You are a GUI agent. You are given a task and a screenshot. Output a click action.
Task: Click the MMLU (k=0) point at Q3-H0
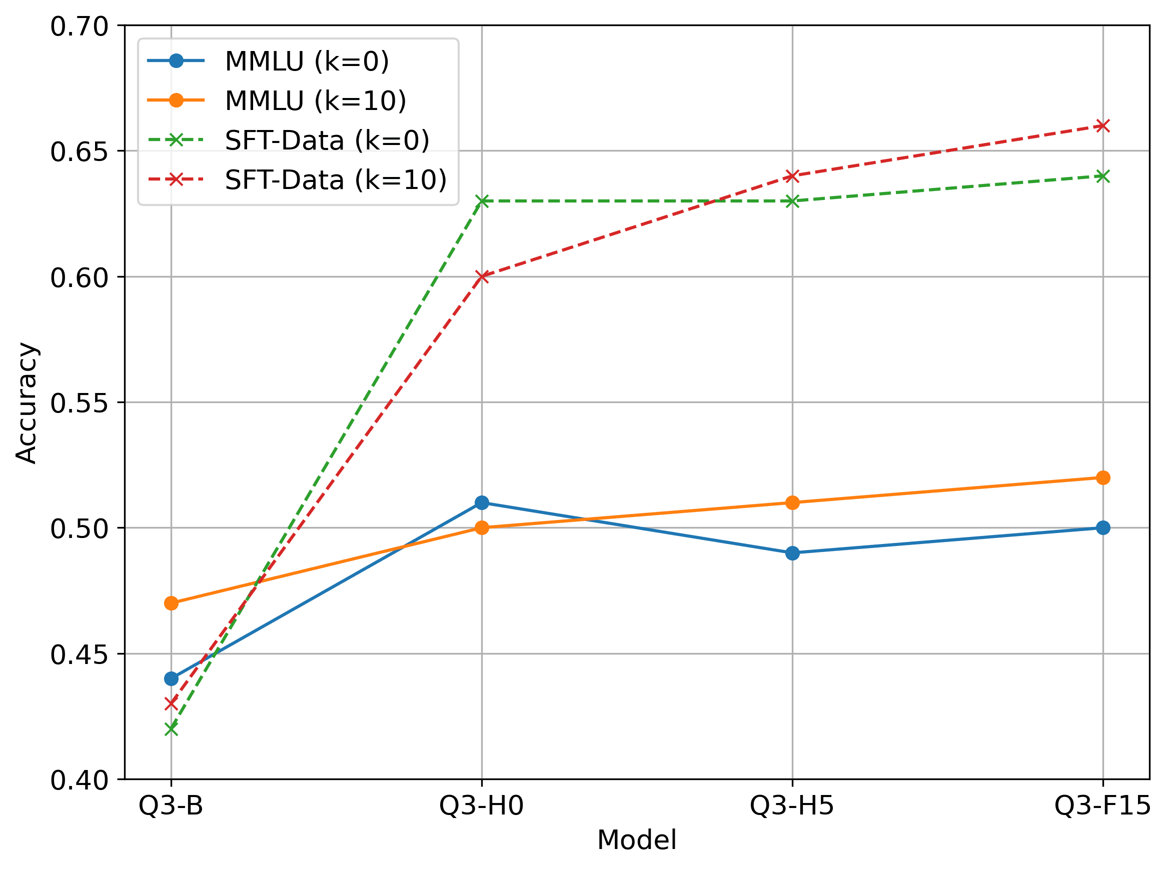tap(481, 503)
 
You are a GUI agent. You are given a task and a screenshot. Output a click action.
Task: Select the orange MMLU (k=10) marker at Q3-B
tap(171, 603)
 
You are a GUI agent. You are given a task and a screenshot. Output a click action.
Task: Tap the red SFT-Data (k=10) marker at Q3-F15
tap(1103, 125)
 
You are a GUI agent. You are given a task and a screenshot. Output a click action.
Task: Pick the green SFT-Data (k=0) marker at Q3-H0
tap(481, 201)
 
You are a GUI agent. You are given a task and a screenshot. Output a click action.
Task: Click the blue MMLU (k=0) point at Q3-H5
tap(792, 553)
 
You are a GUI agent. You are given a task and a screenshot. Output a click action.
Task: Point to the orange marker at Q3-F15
tap(1103, 477)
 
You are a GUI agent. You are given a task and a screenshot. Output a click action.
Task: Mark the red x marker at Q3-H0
tap(481, 276)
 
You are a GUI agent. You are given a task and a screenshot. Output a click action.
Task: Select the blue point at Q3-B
tap(171, 678)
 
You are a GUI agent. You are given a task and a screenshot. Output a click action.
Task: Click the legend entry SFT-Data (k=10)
tap(336, 180)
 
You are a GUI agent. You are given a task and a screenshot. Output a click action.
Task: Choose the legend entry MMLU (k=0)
tap(307, 61)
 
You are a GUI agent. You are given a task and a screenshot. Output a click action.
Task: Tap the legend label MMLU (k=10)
tap(316, 100)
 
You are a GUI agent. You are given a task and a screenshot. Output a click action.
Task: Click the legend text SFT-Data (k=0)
tap(327, 140)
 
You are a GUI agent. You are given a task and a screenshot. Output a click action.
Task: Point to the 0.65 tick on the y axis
tap(79, 151)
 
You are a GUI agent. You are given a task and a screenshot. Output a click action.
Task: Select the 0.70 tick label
tap(79, 26)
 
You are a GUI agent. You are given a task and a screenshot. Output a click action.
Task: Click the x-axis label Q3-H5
tap(792, 805)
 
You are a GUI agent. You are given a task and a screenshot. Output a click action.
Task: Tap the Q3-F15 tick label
tap(1102, 805)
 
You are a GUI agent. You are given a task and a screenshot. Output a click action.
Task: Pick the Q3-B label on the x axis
tap(171, 805)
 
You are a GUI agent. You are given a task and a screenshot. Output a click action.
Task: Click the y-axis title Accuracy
tap(26, 403)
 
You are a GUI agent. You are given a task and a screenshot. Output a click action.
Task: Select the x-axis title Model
tap(636, 839)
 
